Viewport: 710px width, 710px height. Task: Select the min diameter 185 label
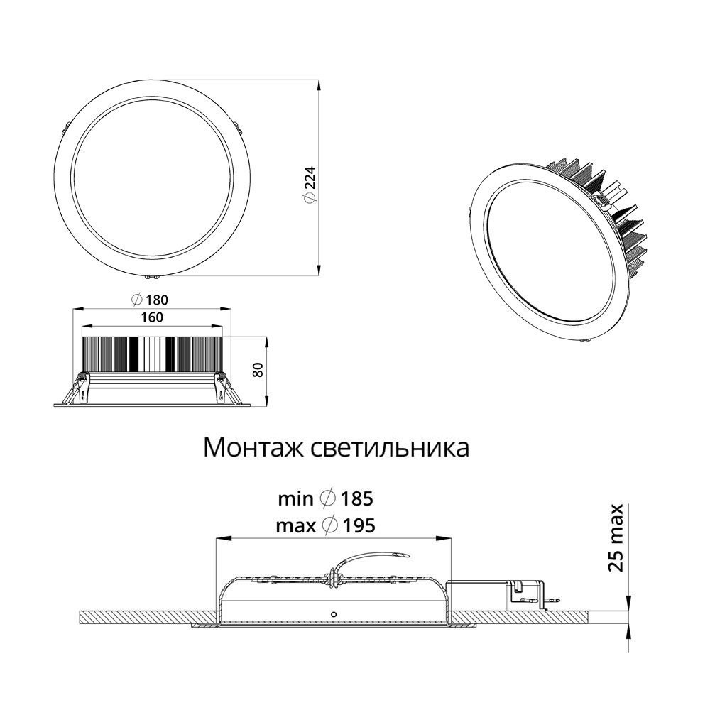(325, 499)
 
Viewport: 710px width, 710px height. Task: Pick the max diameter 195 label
(325, 525)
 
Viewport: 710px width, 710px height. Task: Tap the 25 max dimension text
(617, 537)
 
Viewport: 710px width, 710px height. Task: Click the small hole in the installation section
(333, 611)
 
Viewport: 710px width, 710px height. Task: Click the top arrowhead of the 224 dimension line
(319, 84)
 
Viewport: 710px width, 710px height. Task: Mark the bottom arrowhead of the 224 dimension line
(319, 269)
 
